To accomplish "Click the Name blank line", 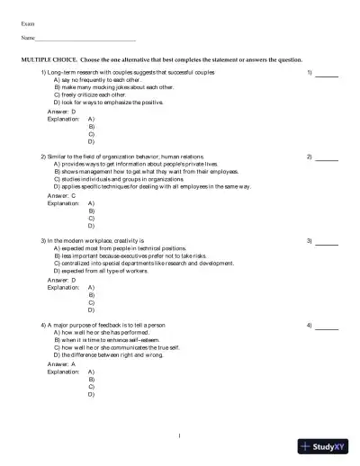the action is pos(86,40).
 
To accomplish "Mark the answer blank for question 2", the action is pos(327,157).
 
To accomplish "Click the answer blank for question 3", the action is pos(327,242).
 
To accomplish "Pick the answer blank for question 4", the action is pos(327,327).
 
